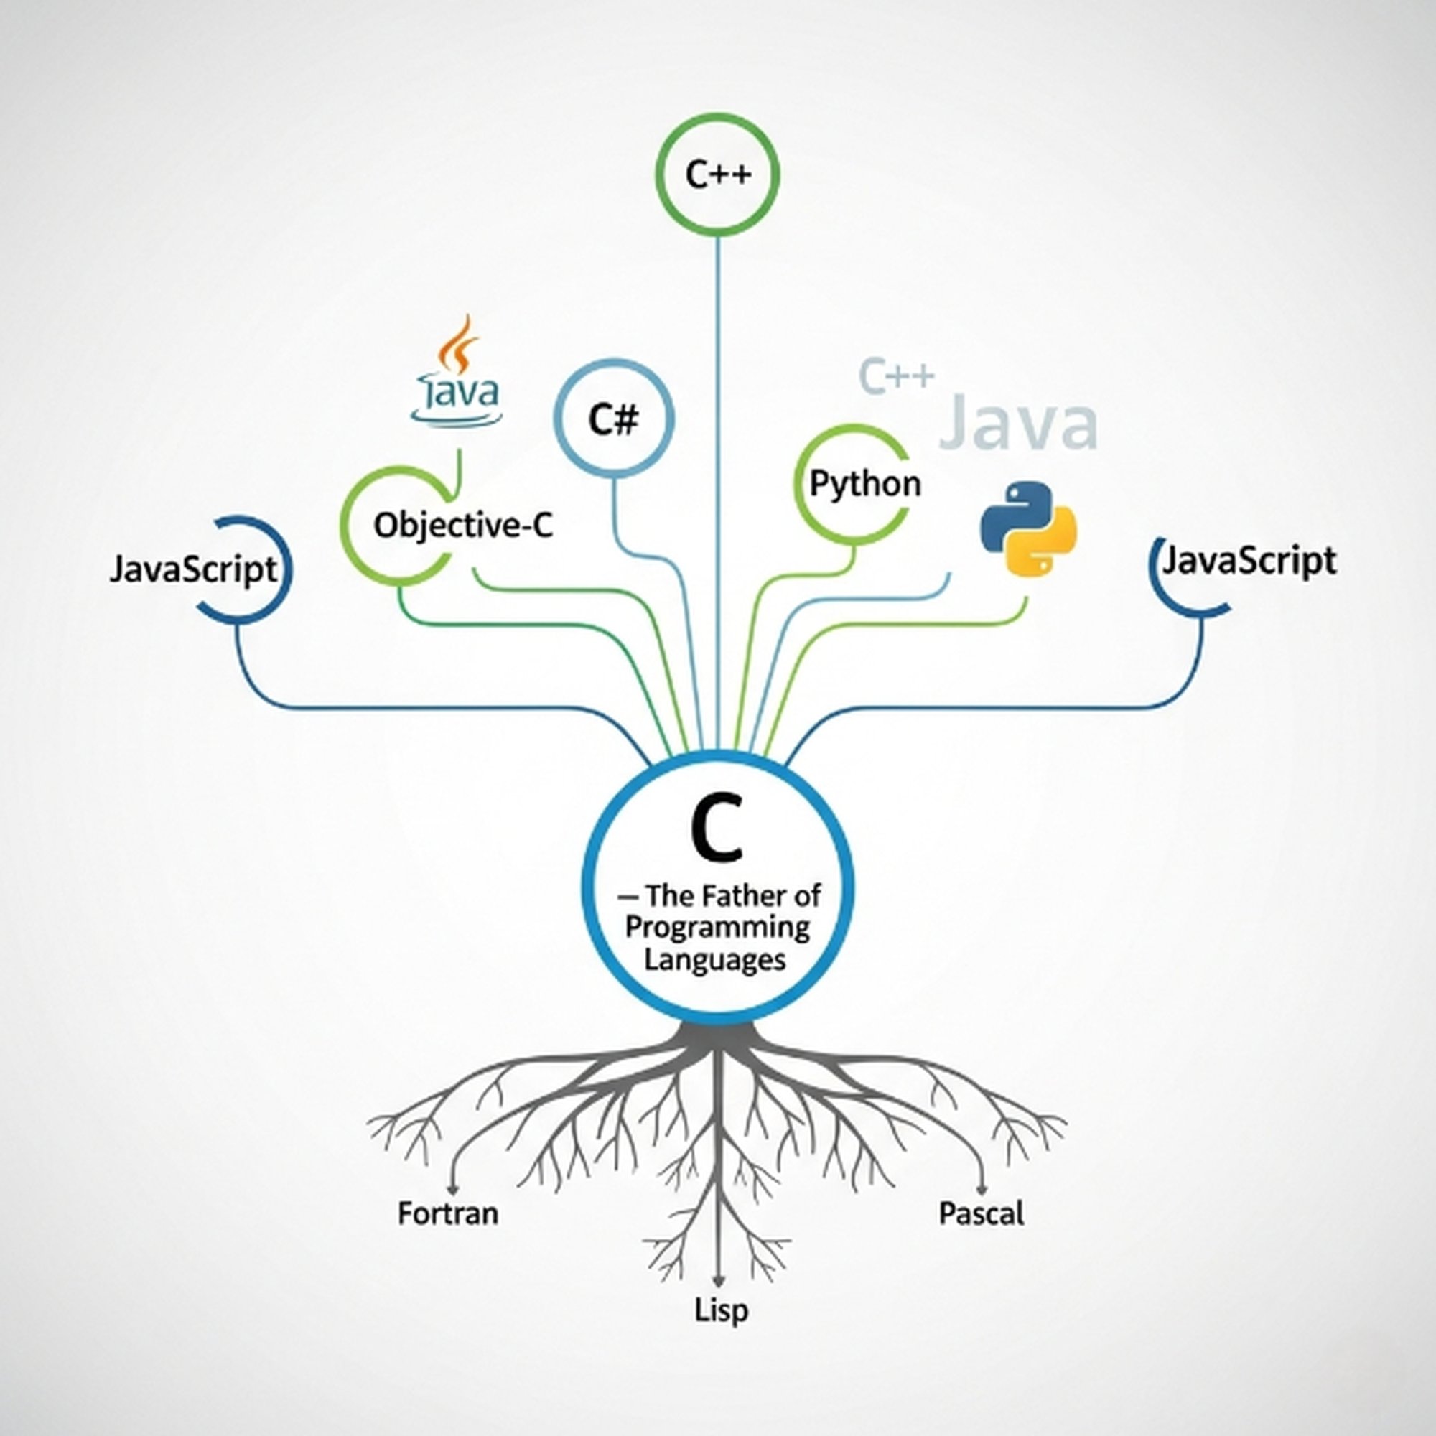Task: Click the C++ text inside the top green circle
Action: [x=718, y=175]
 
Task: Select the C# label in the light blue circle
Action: [x=613, y=420]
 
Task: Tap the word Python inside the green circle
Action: [x=864, y=485]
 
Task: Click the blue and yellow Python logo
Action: [x=1028, y=528]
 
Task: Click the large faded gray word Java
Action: [x=1017, y=425]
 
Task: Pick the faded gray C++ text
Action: [x=895, y=376]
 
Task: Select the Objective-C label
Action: [x=463, y=526]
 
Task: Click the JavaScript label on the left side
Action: [x=193, y=571]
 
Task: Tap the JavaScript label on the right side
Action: [x=1249, y=561]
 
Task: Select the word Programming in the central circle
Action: [x=717, y=928]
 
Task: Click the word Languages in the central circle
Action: [x=714, y=959]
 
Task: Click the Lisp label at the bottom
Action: [x=721, y=1310]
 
